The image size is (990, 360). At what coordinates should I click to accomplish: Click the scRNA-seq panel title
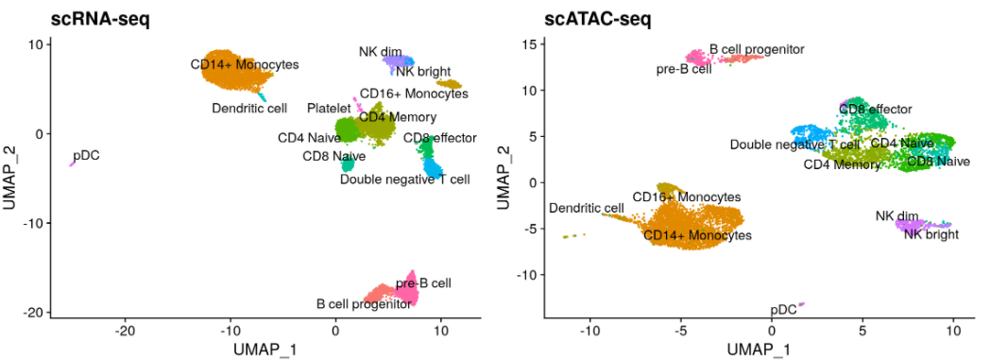pos(77,17)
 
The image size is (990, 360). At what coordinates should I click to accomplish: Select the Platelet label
pos(329,109)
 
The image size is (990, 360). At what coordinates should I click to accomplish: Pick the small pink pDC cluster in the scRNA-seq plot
pos(72,164)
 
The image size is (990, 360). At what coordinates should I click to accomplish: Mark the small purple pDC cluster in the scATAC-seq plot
pos(801,304)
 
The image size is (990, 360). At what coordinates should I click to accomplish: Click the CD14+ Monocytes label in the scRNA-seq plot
pos(244,64)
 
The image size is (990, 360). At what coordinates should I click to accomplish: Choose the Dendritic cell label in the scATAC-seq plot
pos(586,208)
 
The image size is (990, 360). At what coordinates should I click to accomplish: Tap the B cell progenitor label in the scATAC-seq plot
pos(757,48)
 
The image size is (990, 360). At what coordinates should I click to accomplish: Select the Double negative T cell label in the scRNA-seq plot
pos(404,179)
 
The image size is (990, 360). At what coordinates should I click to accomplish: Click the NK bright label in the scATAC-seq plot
pos(930,234)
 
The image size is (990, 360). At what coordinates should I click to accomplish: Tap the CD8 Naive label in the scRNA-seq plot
pos(333,157)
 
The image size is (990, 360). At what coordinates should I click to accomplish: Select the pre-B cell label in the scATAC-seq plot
pos(684,68)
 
